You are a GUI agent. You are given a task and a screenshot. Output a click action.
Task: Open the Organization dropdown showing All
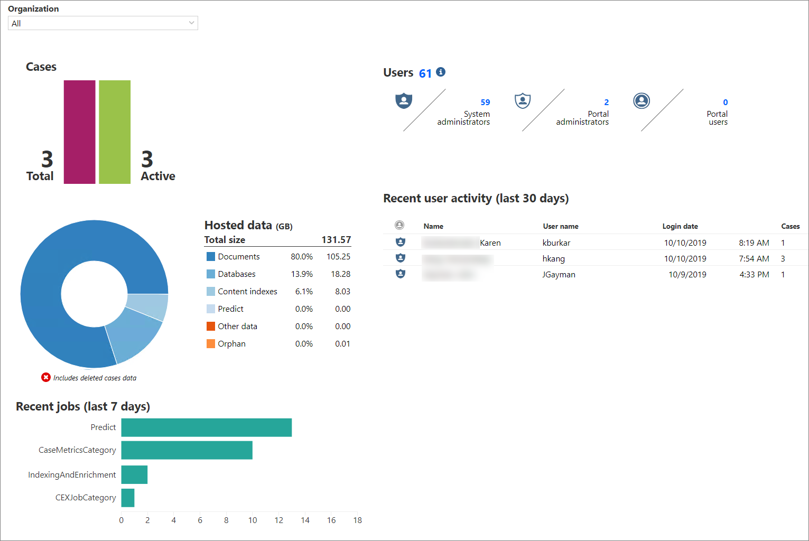(x=103, y=23)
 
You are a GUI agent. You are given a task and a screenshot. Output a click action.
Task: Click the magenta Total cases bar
(x=79, y=132)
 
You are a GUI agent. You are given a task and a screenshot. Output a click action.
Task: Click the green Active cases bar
(x=115, y=132)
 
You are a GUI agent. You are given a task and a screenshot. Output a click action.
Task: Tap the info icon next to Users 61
(x=441, y=72)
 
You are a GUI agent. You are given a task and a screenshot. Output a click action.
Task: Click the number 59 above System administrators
(x=485, y=102)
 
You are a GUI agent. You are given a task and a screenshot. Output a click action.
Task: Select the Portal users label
(x=718, y=118)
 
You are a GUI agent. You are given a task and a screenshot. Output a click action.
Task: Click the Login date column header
(x=680, y=226)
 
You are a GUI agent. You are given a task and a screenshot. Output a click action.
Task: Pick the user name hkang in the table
(x=554, y=259)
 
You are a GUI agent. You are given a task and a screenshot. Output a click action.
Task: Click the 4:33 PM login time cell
(x=754, y=275)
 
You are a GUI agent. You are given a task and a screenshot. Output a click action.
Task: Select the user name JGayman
(x=559, y=275)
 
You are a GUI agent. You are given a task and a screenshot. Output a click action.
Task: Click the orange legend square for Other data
(x=211, y=327)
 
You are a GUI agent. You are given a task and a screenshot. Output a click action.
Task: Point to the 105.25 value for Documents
(x=338, y=257)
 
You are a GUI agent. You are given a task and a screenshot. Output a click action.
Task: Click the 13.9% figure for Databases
(x=302, y=274)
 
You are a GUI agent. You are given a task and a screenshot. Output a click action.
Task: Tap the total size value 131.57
(x=336, y=240)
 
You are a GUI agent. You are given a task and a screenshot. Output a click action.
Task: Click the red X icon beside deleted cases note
(x=46, y=377)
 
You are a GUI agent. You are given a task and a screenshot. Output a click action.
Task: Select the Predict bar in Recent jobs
(x=206, y=427)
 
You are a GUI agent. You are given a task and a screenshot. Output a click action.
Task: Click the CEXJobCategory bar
(x=128, y=498)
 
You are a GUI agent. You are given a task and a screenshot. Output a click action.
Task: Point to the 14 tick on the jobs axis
(x=305, y=520)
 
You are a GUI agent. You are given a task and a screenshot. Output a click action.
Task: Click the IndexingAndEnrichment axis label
(x=72, y=475)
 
